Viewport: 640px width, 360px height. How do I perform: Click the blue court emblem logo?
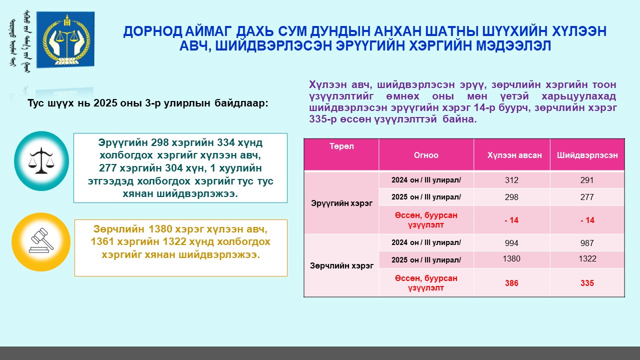pyautogui.click(x=65, y=39)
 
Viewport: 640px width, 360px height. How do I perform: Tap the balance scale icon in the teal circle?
pyautogui.click(x=41, y=160)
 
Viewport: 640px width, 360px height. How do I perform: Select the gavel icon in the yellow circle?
pyautogui.click(x=41, y=240)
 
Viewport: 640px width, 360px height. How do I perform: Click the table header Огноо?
pyautogui.click(x=426, y=155)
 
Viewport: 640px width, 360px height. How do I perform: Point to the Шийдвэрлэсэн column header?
pyautogui.click(x=587, y=155)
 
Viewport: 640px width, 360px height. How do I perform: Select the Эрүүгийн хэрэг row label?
pyautogui.click(x=341, y=203)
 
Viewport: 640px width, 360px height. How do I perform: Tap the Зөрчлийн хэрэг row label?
pyautogui.click(x=341, y=265)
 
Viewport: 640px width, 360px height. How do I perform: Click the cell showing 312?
pyautogui.click(x=511, y=180)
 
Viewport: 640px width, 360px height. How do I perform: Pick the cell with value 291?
pyautogui.click(x=587, y=180)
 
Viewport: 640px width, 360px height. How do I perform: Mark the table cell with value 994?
pyautogui.click(x=511, y=243)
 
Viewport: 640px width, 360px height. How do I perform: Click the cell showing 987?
pyautogui.click(x=587, y=243)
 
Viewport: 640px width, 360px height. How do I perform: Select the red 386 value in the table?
pyautogui.click(x=511, y=283)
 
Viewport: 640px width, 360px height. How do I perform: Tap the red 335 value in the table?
pyautogui.click(x=587, y=283)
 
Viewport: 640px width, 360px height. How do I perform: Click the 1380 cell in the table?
pyautogui.click(x=511, y=258)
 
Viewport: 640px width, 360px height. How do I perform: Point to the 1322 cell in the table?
pyautogui.click(x=587, y=258)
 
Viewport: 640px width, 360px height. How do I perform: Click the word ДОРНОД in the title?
pyautogui.click(x=152, y=31)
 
